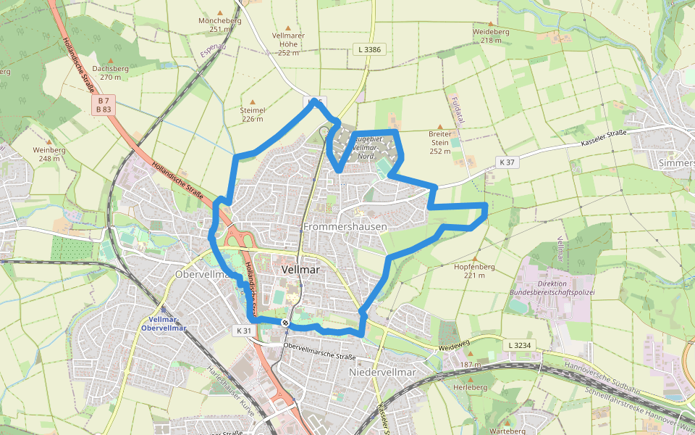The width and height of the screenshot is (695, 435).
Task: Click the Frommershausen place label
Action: point(345,226)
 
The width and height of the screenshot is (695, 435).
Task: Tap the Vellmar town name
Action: point(300,268)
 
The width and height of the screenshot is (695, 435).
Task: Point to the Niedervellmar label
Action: point(382,372)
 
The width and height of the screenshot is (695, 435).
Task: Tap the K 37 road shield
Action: point(506,162)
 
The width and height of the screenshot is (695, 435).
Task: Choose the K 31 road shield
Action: point(243,330)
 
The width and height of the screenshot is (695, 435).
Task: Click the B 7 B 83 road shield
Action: point(104,104)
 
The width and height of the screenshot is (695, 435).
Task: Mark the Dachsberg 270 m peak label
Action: point(111,72)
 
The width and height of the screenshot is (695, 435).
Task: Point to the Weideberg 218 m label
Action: point(491,36)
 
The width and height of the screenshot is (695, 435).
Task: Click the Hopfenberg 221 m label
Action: point(474,270)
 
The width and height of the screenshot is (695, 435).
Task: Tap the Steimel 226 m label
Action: point(253,114)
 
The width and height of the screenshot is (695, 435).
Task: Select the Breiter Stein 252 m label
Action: point(440,143)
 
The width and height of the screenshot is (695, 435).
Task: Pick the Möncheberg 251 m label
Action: point(219,25)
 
